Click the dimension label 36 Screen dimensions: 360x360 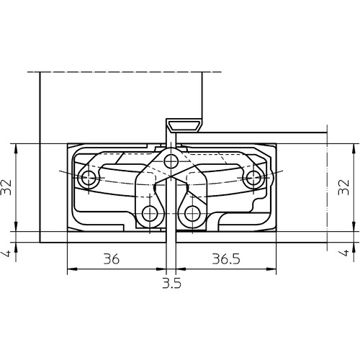coord(112,259)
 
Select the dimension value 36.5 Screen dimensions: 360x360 coord(226,259)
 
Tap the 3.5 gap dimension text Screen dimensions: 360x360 coord(171,283)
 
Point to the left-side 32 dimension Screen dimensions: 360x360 coord(6,187)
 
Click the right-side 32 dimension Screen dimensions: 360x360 coord(343,187)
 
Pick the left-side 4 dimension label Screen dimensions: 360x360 coord(7,253)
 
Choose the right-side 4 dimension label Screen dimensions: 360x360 coord(344,253)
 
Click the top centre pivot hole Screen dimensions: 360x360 coord(171,161)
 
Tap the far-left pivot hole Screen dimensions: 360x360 coord(89,178)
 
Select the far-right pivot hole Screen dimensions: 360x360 coord(253,178)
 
